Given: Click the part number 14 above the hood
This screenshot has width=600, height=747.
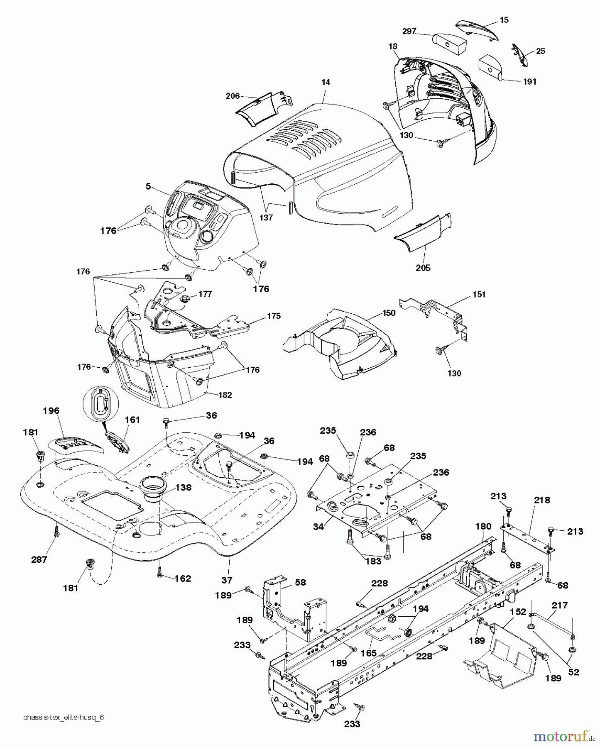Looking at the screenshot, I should pos(326,83).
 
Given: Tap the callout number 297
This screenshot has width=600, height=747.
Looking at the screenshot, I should pos(409,31).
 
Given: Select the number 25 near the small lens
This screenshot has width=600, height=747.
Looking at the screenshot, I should pos(541,51).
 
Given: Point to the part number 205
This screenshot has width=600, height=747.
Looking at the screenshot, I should pos(423,268).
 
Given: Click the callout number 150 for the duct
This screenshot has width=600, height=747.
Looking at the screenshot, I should pos(389,313).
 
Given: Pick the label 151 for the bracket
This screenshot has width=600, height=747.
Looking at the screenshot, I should pos(478,295).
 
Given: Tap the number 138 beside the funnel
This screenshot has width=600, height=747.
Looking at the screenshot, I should pos(183,488).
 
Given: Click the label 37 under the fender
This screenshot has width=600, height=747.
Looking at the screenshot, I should pos(227,580).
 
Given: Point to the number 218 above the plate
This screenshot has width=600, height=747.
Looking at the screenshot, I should pos(542,500).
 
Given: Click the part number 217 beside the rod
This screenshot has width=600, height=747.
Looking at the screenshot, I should pos(559,605).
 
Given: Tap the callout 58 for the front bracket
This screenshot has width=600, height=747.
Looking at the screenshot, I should pos(300,583).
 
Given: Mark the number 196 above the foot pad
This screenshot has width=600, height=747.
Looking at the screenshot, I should pos(51,411).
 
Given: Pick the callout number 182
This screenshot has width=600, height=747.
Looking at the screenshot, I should pos(225,395).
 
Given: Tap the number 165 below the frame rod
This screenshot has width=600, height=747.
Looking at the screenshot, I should pos(368,653).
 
